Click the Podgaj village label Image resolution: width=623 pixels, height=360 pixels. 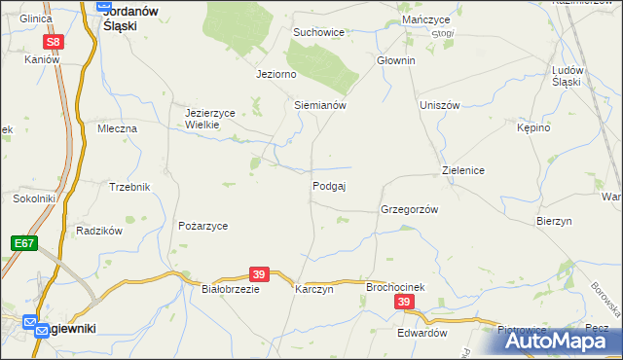(330, 186)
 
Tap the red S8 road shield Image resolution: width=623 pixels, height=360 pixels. (55, 42)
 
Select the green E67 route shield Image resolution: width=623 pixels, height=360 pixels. (24, 242)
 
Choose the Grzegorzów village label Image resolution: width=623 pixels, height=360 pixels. (410, 209)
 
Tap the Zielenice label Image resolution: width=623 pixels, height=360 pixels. (463, 170)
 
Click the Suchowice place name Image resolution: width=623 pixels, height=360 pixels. (319, 32)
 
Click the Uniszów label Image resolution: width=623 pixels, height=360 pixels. (439, 105)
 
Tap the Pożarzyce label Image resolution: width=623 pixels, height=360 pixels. (202, 226)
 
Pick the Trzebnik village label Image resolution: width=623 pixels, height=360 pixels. (129, 186)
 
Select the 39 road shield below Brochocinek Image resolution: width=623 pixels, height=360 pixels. (405, 304)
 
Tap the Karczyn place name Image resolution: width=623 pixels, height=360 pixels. (314, 289)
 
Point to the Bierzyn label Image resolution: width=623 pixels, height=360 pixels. (553, 221)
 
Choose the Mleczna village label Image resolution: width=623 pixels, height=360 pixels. (117, 127)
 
